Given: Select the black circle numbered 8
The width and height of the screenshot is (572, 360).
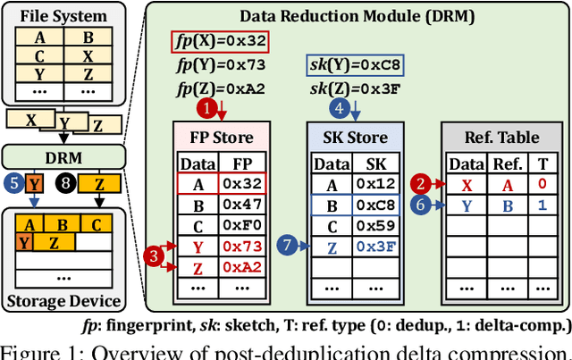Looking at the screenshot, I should coord(66,183).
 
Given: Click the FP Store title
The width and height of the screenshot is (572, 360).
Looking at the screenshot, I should coord(221,138).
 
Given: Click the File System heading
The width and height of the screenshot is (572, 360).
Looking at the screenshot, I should coord(61,17).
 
